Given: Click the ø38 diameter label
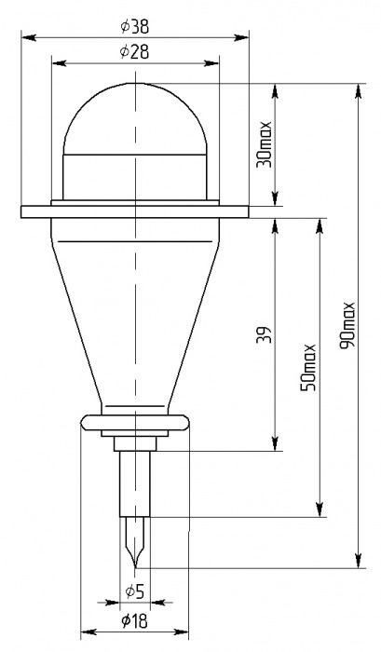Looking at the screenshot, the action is [x=135, y=27].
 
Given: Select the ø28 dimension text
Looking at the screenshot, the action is [x=134, y=52].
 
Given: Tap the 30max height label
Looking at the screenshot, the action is [x=264, y=143].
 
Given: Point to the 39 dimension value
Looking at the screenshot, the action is [x=264, y=334].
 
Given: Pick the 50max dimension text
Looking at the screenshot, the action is [x=308, y=367].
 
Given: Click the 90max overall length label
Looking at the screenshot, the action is [x=347, y=325].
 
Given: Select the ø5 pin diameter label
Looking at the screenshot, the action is [x=134, y=591].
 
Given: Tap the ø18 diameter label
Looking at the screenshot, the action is [x=134, y=621].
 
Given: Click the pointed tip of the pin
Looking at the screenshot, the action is [x=135, y=566].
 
